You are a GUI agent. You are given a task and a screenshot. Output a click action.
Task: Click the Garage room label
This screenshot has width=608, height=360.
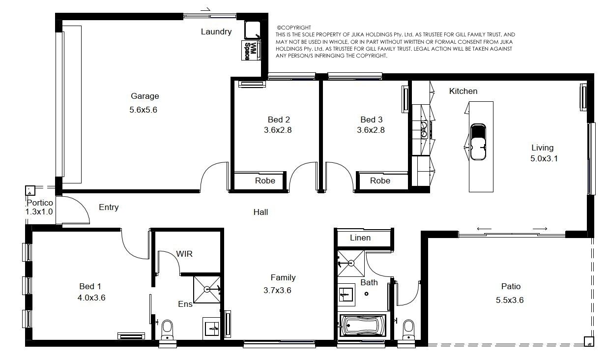pos(145,96)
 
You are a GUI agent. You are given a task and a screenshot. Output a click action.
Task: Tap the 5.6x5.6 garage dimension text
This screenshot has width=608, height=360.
pos(144,110)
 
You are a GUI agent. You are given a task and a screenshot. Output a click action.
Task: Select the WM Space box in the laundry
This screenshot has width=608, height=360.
pos(251,51)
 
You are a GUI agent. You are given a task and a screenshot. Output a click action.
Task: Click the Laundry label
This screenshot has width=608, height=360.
pos(216,32)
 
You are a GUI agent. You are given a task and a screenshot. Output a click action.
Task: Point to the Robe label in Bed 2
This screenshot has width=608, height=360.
pos(265,180)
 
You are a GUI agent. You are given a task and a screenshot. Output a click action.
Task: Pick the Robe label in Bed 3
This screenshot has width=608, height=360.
pos(380,180)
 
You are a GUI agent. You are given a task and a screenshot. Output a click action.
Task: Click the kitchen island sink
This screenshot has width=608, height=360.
pos(478,142)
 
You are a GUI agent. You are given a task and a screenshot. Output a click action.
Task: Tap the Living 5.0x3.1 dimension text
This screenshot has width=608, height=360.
pos(544,158)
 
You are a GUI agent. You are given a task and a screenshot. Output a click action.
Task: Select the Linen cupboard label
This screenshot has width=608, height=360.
pos(360,238)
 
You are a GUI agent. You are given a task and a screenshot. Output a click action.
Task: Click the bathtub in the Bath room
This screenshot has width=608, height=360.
pos(363,325)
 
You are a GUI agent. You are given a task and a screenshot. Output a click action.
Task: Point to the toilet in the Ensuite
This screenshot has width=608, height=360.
pos(167,330)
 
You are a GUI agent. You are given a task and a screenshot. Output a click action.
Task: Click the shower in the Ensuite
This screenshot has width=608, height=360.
pos(207,289)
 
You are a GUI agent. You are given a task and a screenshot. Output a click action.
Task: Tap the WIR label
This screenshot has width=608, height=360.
pos(184,254)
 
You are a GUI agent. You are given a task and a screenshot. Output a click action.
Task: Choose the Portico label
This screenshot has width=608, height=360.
pos(40,203)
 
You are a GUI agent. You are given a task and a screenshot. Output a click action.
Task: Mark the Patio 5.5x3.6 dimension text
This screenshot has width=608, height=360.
pos(510,300)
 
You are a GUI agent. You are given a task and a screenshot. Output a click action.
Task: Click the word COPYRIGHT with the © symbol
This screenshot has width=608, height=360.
pos(294,28)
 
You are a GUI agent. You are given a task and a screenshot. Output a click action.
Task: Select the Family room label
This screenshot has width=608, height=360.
pos(283,277)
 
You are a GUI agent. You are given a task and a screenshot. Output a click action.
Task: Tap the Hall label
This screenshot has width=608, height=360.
pos(261,212)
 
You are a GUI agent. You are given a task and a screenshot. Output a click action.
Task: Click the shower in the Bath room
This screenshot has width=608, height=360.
pos(350,263)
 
